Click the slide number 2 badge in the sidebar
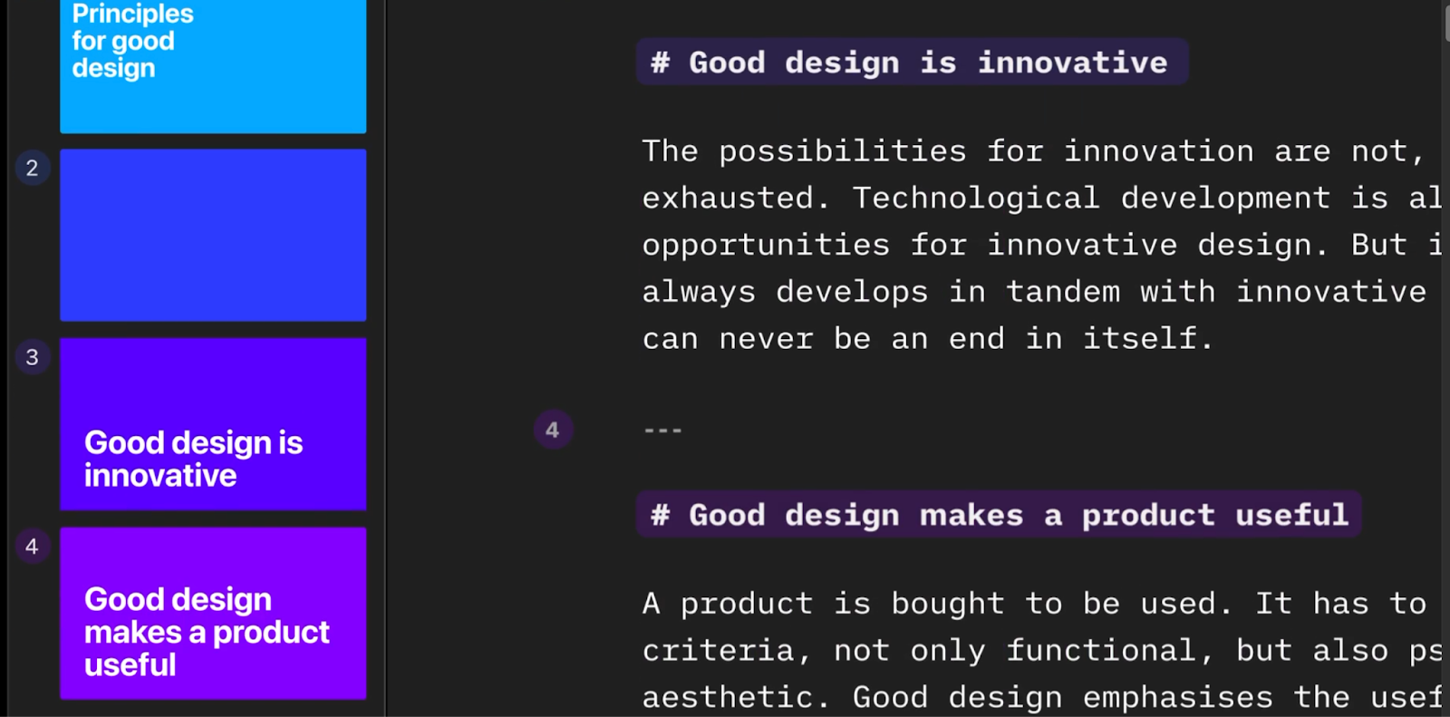coord(33,169)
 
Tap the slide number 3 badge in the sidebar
coord(33,357)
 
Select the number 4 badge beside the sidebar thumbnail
coord(33,547)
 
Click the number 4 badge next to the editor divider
coord(553,430)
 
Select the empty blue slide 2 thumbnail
coord(213,235)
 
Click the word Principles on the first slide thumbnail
coord(132,14)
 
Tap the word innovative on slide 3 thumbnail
coord(160,476)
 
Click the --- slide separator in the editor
coord(662,430)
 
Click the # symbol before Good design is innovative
coord(660,63)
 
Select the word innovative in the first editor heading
coord(1073,63)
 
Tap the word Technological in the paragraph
coord(976,199)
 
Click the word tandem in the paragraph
coord(1063,292)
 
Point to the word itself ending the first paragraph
coord(1147,339)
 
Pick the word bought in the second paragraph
coord(948,604)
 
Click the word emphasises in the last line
coord(1177,698)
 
